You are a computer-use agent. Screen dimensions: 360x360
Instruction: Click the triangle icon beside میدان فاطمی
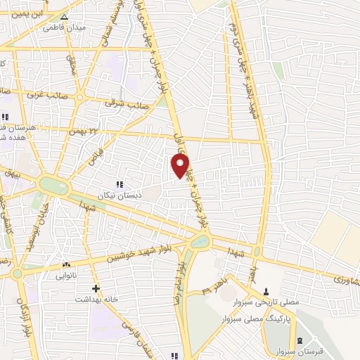pos(65,17)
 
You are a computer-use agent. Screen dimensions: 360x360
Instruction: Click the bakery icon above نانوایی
pos(67,265)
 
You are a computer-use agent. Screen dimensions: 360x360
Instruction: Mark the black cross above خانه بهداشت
pos(96,288)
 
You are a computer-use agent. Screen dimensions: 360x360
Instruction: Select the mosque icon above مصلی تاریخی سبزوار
pos(266,290)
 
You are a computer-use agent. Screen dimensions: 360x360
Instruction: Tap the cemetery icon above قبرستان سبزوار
pos(300,340)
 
